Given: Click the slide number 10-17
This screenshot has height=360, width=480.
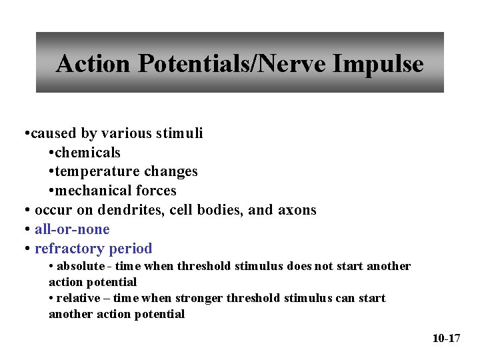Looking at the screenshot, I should pyautogui.click(x=446, y=339).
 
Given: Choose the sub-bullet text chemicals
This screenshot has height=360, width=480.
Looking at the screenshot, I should pyautogui.click(x=88, y=153).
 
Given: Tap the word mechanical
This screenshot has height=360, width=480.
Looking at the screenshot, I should pyautogui.click(x=91, y=191).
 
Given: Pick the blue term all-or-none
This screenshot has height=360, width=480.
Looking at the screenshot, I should pyautogui.click(x=72, y=230).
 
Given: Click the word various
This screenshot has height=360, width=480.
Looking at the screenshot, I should pyautogui.click(x=126, y=133).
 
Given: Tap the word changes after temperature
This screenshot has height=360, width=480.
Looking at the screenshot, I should pyautogui.click(x=173, y=172).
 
